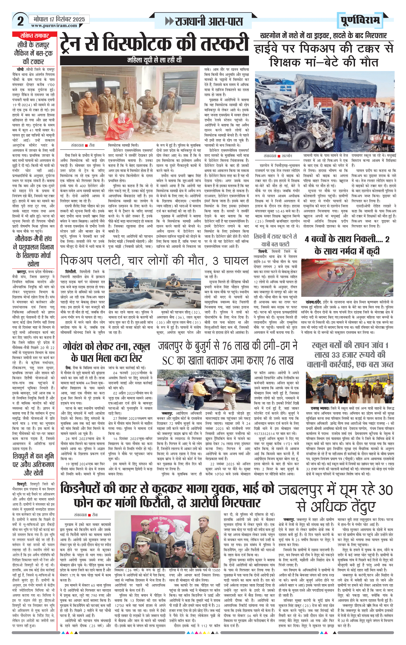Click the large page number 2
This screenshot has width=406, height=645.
(x=20, y=21)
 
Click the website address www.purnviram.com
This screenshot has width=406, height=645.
(x=54, y=26)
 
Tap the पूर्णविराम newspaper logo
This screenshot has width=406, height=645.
(x=360, y=20)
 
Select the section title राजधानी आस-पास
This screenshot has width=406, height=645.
(x=204, y=21)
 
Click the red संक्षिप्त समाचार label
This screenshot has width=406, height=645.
(x=34, y=36)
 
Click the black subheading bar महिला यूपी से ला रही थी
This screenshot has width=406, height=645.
(x=154, y=60)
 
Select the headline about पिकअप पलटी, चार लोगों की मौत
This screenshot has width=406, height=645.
(x=154, y=261)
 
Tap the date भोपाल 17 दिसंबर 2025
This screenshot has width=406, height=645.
(x=59, y=19)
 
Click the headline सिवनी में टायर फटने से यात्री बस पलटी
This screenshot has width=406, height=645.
(x=275, y=240)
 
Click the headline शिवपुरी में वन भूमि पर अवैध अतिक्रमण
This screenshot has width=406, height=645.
(x=33, y=464)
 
